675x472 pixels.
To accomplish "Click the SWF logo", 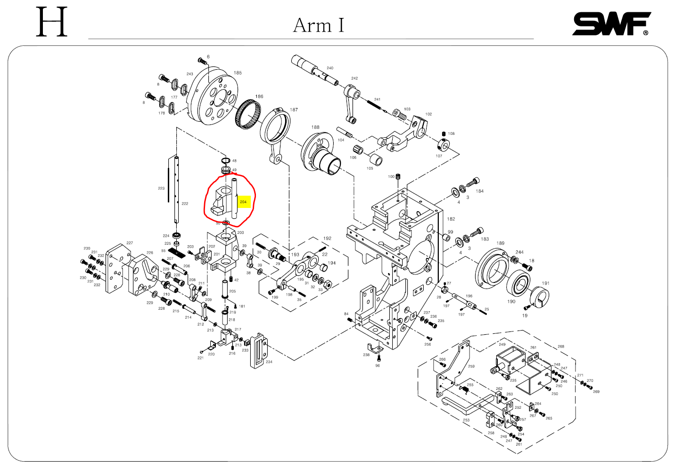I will coord(611,24).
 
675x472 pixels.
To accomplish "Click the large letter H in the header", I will coord(52,22).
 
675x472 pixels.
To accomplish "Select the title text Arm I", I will coord(319,25).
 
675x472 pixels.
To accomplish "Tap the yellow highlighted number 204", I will coord(243,202).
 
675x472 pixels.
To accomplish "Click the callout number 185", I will coord(238,73).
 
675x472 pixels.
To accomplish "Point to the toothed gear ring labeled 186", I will coord(248,115).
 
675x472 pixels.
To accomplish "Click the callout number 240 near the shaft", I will coord(330,68).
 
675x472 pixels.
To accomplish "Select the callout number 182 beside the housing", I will coord(451,219).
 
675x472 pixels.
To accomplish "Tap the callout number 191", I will coord(545,283).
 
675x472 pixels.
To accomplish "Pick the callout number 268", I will coord(561,346).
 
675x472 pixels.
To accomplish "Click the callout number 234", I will coord(269,362).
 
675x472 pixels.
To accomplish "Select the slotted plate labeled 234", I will coord(257,351).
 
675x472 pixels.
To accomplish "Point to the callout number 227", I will coord(130,243).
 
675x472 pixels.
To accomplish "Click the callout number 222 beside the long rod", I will coord(185,204).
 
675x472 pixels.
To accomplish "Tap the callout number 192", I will coord(327,238).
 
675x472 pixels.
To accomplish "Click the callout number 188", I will coord(315,127).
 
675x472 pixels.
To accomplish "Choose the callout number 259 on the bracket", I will coord(471,366).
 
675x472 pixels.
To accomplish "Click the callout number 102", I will coord(428,114).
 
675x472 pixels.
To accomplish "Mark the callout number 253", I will coord(466,420).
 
